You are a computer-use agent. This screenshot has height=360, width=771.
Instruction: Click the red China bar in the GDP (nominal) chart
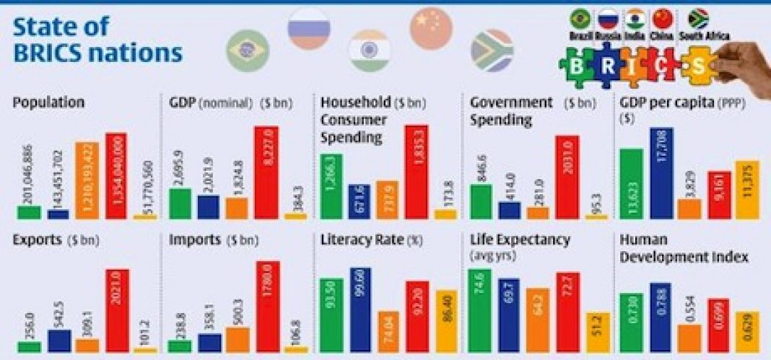(x=266, y=172)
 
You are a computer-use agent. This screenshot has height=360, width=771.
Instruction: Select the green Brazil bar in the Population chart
(x=29, y=211)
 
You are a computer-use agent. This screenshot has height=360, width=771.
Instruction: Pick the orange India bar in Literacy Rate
(x=388, y=331)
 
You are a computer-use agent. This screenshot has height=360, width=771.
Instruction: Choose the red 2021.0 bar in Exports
(x=118, y=310)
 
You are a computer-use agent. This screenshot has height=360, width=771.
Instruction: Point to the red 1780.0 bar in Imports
(x=267, y=307)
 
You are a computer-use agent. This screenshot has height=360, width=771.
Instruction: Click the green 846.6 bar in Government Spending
(x=481, y=201)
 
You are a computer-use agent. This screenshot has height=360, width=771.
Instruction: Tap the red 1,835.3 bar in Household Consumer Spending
(x=417, y=172)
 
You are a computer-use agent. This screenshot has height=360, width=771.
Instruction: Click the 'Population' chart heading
(x=48, y=102)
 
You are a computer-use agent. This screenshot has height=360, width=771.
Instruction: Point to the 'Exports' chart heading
(x=38, y=240)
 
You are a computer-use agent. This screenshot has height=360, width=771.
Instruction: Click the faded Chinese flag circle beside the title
(x=431, y=27)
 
